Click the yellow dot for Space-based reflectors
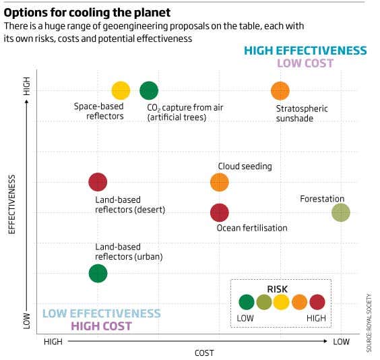pos(121,90)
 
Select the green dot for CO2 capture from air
pos(149,90)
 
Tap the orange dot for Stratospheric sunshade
pos(280,90)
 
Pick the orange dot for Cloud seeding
pos(220,182)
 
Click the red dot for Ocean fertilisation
pos(220,213)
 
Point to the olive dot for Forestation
pos(341,213)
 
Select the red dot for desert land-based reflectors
pos(98,182)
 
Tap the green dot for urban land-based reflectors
pos(98,273)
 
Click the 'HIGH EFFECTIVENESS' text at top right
pos(305,51)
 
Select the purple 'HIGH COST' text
pos(101,326)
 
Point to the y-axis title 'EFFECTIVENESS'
pos(11,204)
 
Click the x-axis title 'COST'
pos(203,353)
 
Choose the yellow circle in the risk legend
pos(281,302)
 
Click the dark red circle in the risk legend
pos(316,302)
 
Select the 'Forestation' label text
pos(322,199)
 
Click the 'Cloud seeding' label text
pos(245,167)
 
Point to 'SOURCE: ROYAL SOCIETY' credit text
pos(369,322)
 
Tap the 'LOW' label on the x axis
pos(341,342)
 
